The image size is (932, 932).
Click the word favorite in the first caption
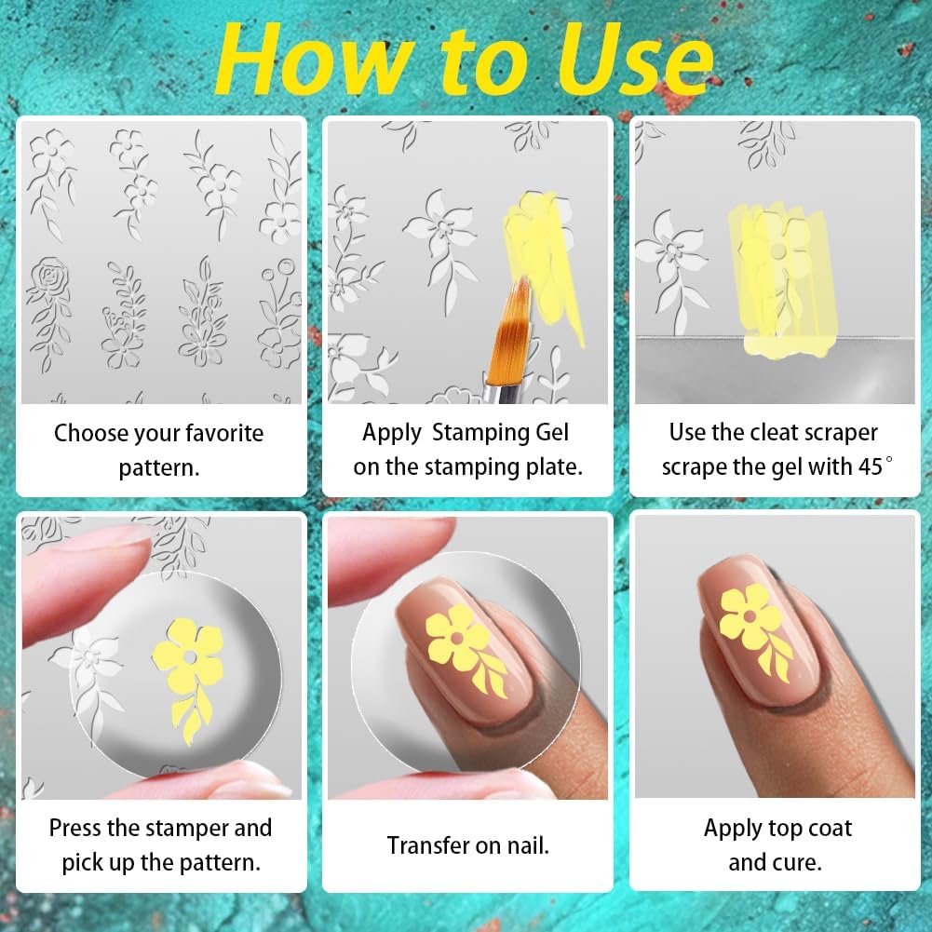coord(215,434)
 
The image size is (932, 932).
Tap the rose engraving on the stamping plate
coord(47,278)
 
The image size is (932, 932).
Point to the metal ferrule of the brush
coord(498,382)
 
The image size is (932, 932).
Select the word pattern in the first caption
coord(157,467)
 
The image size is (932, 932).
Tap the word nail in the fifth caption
coord(526,845)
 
